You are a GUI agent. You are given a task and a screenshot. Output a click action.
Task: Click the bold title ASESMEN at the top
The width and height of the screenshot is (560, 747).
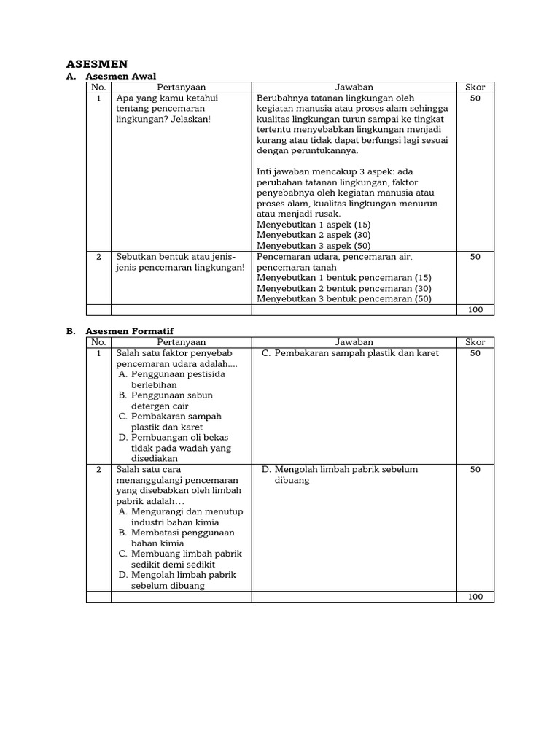coord(98,63)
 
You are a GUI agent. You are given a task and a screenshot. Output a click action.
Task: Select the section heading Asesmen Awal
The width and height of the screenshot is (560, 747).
coord(121,76)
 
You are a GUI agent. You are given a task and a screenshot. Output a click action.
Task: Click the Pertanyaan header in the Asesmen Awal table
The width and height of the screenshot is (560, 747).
coord(182,87)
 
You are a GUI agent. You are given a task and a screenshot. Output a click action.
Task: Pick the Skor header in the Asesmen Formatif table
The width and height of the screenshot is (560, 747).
coord(475,341)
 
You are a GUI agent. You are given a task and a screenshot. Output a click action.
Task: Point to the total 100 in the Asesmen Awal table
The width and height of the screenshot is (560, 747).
coord(475,310)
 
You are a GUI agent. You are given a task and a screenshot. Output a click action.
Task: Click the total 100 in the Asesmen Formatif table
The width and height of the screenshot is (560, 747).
coord(475,597)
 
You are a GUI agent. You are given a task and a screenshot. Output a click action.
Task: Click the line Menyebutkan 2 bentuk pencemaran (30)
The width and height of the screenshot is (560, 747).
coord(344,288)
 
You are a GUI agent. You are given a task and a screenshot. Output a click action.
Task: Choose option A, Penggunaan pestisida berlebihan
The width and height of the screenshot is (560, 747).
coord(171,379)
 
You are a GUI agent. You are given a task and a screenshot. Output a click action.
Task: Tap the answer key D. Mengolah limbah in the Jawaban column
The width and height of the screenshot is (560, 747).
coord(340,475)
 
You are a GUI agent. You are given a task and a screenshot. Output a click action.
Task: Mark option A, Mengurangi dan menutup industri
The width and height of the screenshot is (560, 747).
coord(180,517)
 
